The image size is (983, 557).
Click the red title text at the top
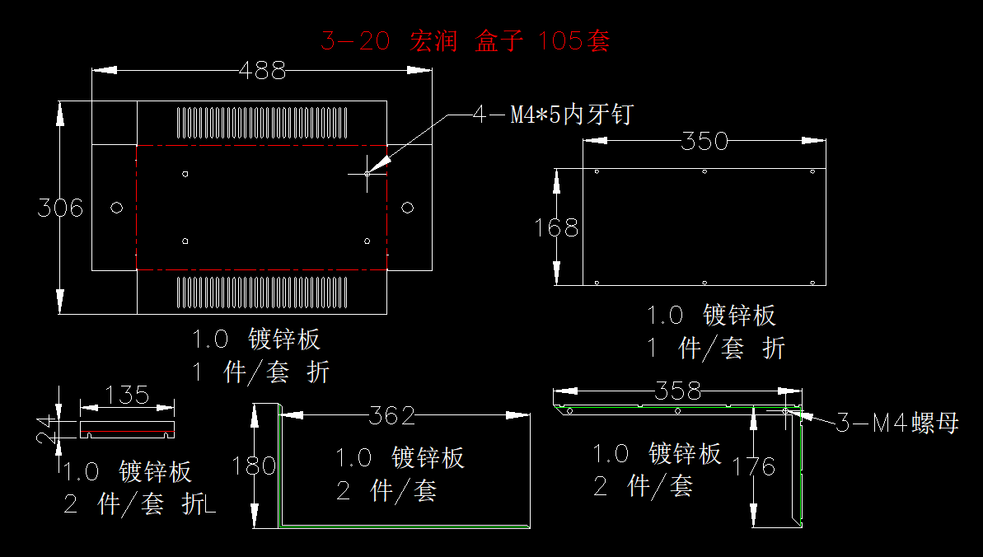[465, 41]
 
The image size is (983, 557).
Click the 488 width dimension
[262, 71]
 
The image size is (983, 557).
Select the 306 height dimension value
[60, 208]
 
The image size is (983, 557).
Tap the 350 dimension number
[705, 142]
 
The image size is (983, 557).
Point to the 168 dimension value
[557, 227]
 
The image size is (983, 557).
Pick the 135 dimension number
[128, 396]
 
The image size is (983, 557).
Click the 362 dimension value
[392, 416]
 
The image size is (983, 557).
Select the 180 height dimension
[255, 466]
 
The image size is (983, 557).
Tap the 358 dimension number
[677, 391]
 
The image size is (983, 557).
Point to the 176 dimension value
[755, 467]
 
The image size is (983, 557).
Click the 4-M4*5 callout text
[553, 115]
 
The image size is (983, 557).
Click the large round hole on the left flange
[115, 207]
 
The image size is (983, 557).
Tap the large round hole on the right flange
[407, 207]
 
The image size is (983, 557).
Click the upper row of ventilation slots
[260, 123]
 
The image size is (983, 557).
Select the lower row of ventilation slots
[260, 292]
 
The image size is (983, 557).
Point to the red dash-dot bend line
[260, 145]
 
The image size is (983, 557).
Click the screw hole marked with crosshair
[367, 173]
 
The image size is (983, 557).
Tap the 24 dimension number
[47, 428]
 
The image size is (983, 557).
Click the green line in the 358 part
[659, 405]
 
